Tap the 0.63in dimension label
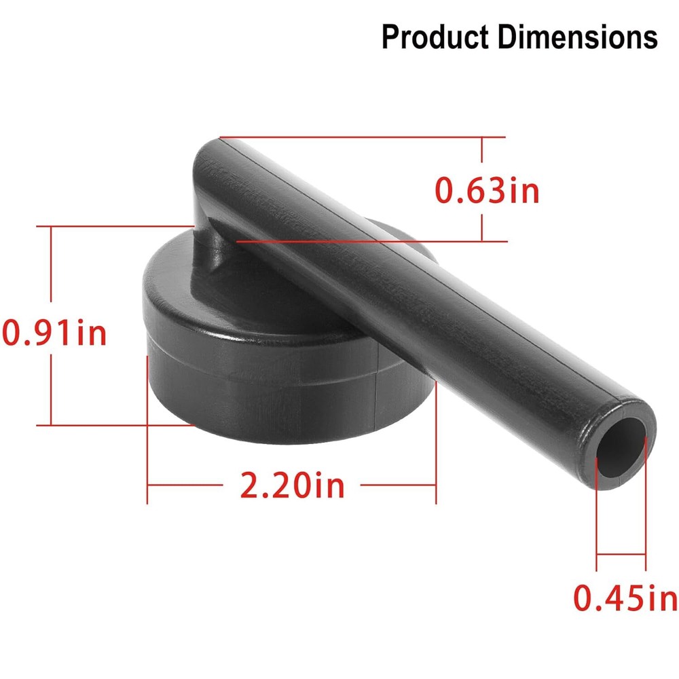click(x=487, y=191)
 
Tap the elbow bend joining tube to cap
click(x=210, y=234)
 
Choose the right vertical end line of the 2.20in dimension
click(x=435, y=435)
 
